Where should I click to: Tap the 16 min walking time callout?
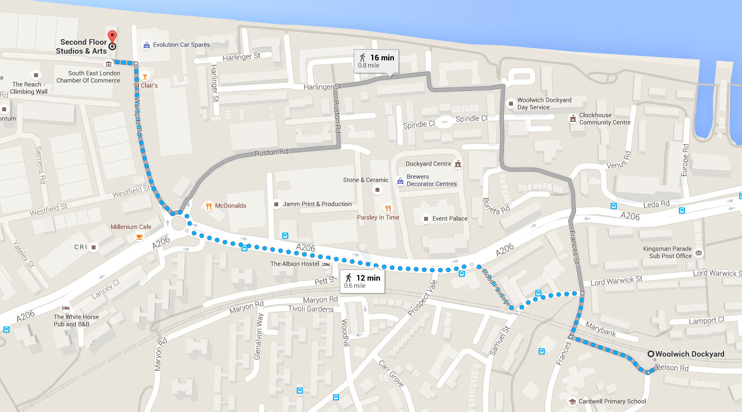375,61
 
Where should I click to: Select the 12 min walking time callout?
362,281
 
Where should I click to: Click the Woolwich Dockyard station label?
689,354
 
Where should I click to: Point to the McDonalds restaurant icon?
208,206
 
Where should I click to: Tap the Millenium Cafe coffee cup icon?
139,237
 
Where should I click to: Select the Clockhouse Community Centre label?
605,119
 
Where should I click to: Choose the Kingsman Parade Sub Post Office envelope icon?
698,253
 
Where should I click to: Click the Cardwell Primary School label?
613,401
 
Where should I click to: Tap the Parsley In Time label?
378,217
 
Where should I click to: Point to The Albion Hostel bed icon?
326,264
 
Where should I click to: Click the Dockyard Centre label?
428,164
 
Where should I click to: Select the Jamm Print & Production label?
317,204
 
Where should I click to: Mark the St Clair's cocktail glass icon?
145,76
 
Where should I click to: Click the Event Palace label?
450,219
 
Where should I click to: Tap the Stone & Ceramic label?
365,180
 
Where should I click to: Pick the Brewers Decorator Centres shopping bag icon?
400,181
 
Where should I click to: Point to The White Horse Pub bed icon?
66,308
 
